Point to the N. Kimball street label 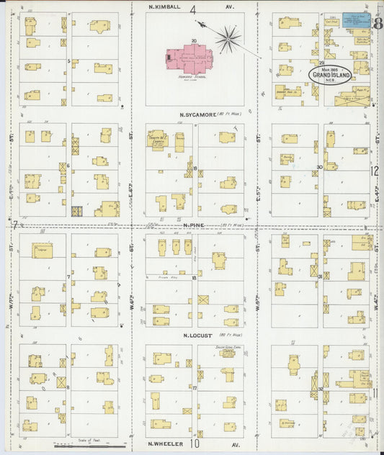coord(162,8)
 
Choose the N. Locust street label coord(196,335)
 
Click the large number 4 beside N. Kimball coord(193,9)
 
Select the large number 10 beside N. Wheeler coord(195,444)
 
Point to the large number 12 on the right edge coord(375,171)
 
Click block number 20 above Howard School coord(194,41)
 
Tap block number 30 coord(319,166)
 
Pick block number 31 coord(319,276)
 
